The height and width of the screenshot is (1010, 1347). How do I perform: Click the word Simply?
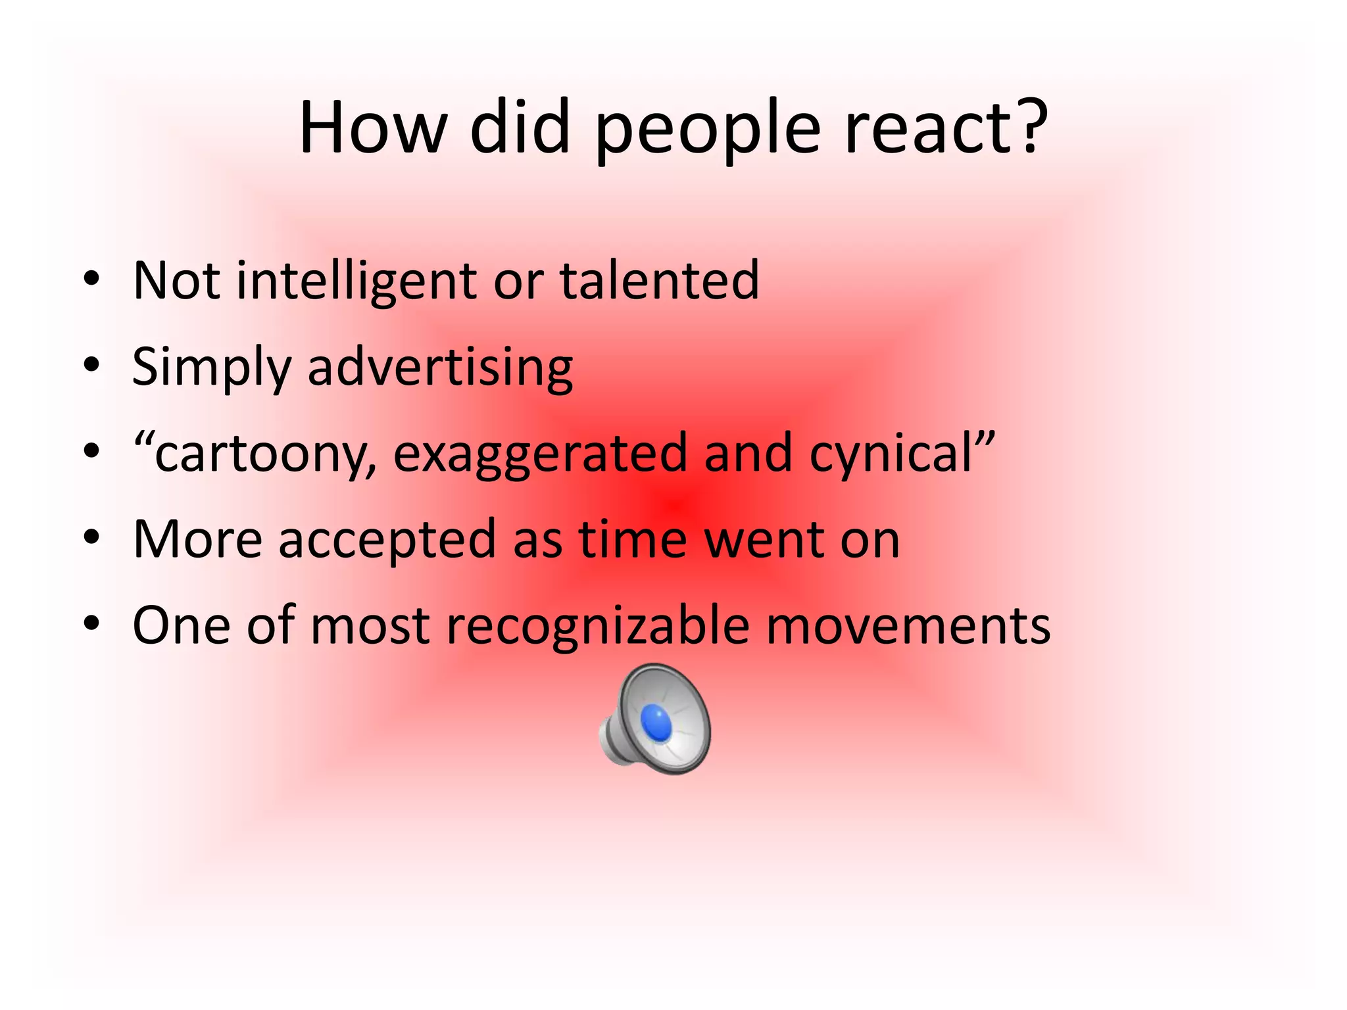tap(211, 368)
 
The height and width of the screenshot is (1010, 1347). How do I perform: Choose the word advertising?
tap(440, 368)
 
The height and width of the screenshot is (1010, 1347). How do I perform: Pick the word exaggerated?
tap(539, 454)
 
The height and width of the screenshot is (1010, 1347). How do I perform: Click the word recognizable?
tap(598, 625)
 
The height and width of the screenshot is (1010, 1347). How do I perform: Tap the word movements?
tap(908, 625)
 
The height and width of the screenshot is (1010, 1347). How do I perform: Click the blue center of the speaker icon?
tap(656, 722)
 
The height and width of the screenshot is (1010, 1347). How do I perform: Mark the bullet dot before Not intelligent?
tap(91, 281)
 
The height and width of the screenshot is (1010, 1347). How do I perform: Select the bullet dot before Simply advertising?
tap(91, 367)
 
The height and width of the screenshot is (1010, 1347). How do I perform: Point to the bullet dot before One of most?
tap(91, 625)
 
